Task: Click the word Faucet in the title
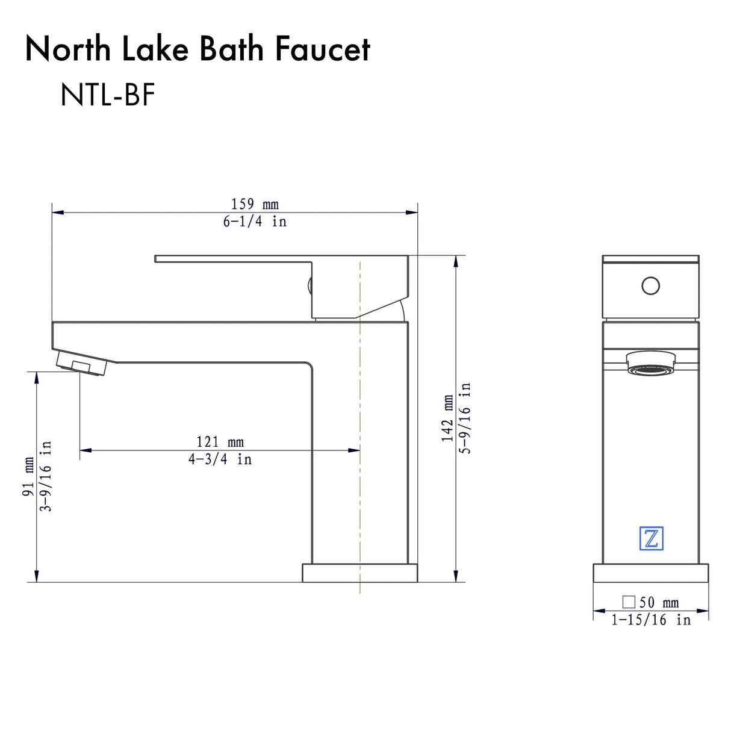point(323,49)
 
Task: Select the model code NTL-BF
point(108,95)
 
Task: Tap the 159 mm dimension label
point(255,204)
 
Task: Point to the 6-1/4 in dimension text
point(255,222)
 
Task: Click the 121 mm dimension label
point(220,442)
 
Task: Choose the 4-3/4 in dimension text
point(220,459)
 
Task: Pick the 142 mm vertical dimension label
point(448,418)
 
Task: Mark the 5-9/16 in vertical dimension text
point(465,418)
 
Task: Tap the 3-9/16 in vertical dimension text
point(46,476)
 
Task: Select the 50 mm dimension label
point(659,602)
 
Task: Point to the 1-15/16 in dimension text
point(651,620)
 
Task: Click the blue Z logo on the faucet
point(651,538)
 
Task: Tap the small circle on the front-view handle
point(650,285)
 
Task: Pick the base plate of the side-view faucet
point(359,573)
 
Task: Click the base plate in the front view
point(651,573)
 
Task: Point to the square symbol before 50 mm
point(629,602)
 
